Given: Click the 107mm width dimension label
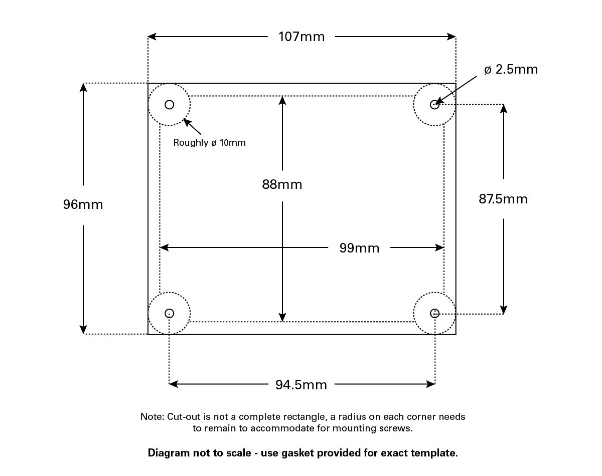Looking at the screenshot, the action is [x=302, y=37].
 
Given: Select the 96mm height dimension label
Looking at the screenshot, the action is [x=83, y=204].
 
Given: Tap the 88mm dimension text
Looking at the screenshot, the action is [x=282, y=184].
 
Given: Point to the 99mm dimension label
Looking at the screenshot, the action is [x=359, y=248].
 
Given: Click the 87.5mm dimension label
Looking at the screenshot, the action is [x=503, y=199].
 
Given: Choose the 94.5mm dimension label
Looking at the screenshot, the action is [x=301, y=385].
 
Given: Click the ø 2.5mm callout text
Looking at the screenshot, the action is [x=511, y=69].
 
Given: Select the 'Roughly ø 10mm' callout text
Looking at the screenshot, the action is [x=209, y=142].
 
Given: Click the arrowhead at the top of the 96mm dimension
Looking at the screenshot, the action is [x=83, y=87].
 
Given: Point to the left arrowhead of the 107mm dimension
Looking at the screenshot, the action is [x=152, y=37].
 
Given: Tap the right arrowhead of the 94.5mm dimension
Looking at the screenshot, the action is [x=431, y=384].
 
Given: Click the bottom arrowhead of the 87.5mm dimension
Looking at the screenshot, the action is [x=504, y=310].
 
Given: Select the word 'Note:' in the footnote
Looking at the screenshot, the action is [x=152, y=417].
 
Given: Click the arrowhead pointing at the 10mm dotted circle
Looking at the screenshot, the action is [x=187, y=122].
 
